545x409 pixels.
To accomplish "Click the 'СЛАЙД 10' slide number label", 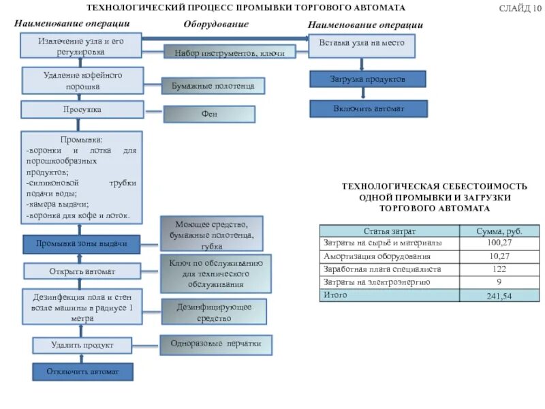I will tap(520, 8).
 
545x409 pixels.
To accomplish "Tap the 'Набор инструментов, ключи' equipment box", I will tap(230, 52).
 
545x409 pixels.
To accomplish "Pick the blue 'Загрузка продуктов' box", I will tap(368, 79).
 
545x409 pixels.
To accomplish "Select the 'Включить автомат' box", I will tap(369, 108).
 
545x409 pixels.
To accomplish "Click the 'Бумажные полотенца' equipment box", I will tap(213, 86).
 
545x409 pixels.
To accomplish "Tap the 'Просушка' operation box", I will tap(82, 109).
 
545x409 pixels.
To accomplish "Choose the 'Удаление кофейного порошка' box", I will tap(83, 80).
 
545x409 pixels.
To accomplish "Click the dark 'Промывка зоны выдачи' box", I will tap(82, 243).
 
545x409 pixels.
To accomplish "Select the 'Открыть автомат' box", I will tap(82, 271).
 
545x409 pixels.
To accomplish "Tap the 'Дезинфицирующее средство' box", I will tap(214, 312).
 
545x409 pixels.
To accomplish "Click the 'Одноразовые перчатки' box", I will tap(216, 344).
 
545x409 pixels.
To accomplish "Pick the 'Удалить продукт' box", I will tap(82, 346).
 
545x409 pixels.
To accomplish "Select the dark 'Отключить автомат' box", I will tap(82, 372).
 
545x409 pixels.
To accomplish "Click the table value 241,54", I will tap(499, 297).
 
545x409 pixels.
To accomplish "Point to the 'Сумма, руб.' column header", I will tap(499, 232).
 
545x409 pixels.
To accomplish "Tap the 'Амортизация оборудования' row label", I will tap(377, 256).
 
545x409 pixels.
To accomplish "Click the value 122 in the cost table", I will tap(499, 269).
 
